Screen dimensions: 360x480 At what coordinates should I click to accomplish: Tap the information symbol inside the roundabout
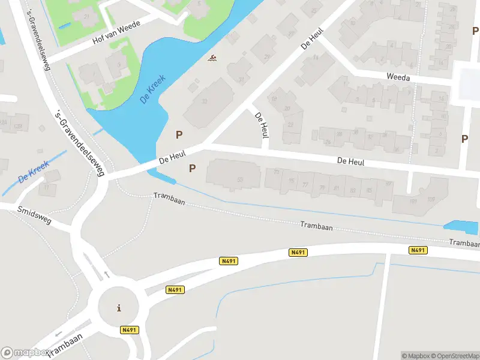[119, 308]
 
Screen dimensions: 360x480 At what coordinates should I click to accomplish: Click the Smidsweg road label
[35, 215]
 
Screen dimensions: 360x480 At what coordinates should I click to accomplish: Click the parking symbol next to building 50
[192, 169]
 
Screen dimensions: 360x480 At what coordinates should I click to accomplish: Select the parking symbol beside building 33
[179, 135]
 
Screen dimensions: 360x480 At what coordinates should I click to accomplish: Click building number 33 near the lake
[204, 101]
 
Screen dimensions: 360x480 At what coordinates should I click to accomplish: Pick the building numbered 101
[413, 201]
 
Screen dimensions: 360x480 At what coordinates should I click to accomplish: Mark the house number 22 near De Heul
[277, 172]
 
